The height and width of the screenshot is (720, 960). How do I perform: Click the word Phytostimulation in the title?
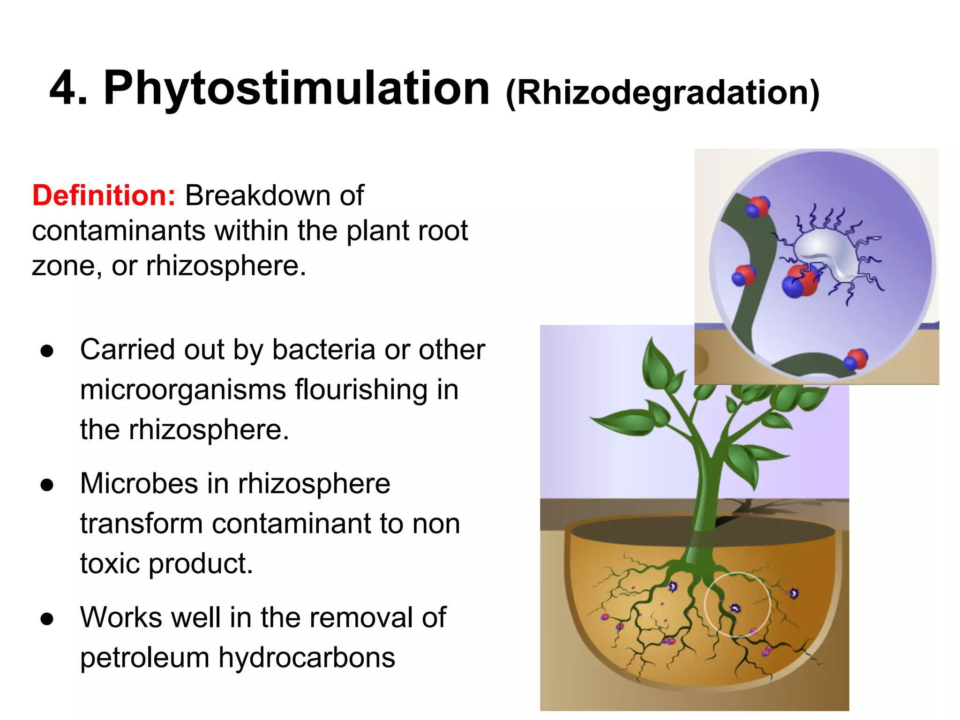(296, 88)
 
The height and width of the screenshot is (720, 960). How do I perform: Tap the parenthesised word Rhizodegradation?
(662, 92)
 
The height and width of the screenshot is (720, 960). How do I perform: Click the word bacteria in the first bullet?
(323, 350)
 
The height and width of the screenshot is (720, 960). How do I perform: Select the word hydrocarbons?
(307, 657)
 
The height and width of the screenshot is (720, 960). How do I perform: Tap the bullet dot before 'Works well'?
(47, 619)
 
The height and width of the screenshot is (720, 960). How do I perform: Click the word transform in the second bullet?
(142, 524)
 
